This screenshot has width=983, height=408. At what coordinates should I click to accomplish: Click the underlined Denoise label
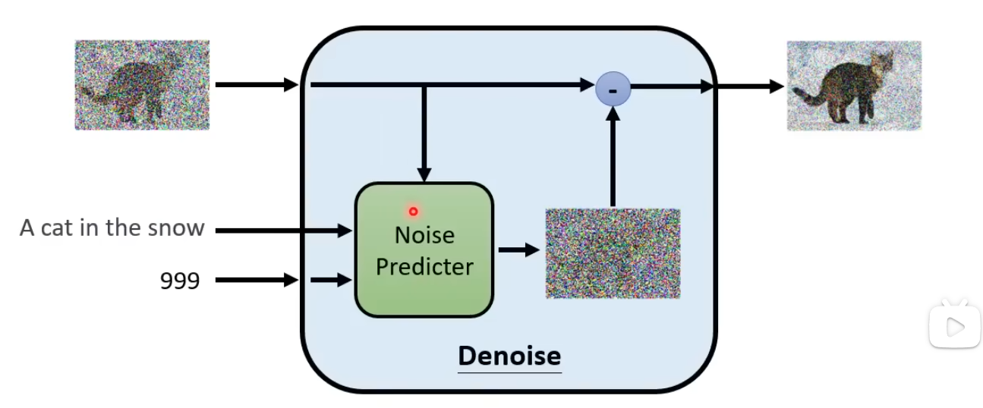pos(509,355)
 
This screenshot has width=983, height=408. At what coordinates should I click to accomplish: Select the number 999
pos(180,281)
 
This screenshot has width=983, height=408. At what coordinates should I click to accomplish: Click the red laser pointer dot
pos(413,212)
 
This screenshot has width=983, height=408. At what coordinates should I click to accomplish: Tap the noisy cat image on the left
pos(142,85)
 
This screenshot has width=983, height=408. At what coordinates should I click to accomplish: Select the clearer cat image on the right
pos(853,86)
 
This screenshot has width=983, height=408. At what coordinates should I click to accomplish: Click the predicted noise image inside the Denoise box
pos(613,253)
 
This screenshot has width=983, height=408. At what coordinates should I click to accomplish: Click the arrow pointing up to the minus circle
pos(613,155)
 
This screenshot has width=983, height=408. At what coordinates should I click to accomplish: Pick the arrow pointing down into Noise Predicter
pos(424,133)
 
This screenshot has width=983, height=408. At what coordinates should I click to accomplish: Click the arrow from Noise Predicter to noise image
pos(518,250)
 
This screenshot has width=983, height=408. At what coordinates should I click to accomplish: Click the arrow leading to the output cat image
pos(748,86)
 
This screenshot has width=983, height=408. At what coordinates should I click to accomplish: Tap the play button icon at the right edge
pos(954,326)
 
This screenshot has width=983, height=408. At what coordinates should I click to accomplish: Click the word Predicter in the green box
pos(424,267)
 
